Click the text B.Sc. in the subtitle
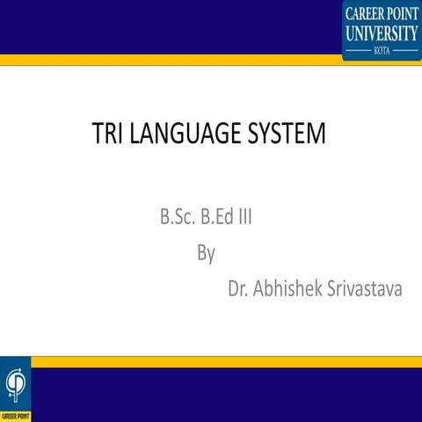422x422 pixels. point(176,216)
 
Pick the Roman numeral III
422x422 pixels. point(245,216)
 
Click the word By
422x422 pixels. point(207,253)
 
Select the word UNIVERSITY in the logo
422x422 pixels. point(382,33)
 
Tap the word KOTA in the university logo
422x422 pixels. point(382,52)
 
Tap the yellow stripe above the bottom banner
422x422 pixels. point(220,361)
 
